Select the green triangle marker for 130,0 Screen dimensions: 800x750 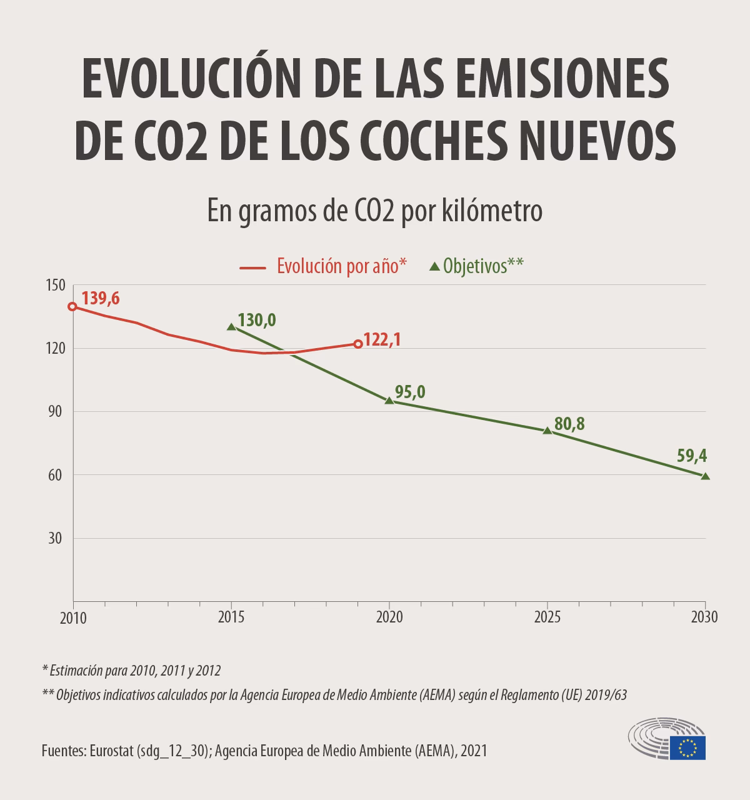(x=231, y=326)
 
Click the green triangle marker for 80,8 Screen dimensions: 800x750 (x=547, y=430)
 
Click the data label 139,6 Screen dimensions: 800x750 (x=100, y=299)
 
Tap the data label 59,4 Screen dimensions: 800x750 (x=692, y=454)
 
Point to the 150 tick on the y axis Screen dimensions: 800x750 (x=56, y=285)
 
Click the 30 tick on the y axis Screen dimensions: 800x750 (x=56, y=538)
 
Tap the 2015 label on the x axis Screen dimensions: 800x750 (x=231, y=617)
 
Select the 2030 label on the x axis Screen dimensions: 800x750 (x=704, y=617)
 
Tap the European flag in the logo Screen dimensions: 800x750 (x=687, y=747)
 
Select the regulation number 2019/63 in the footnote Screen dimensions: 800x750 (x=606, y=695)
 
